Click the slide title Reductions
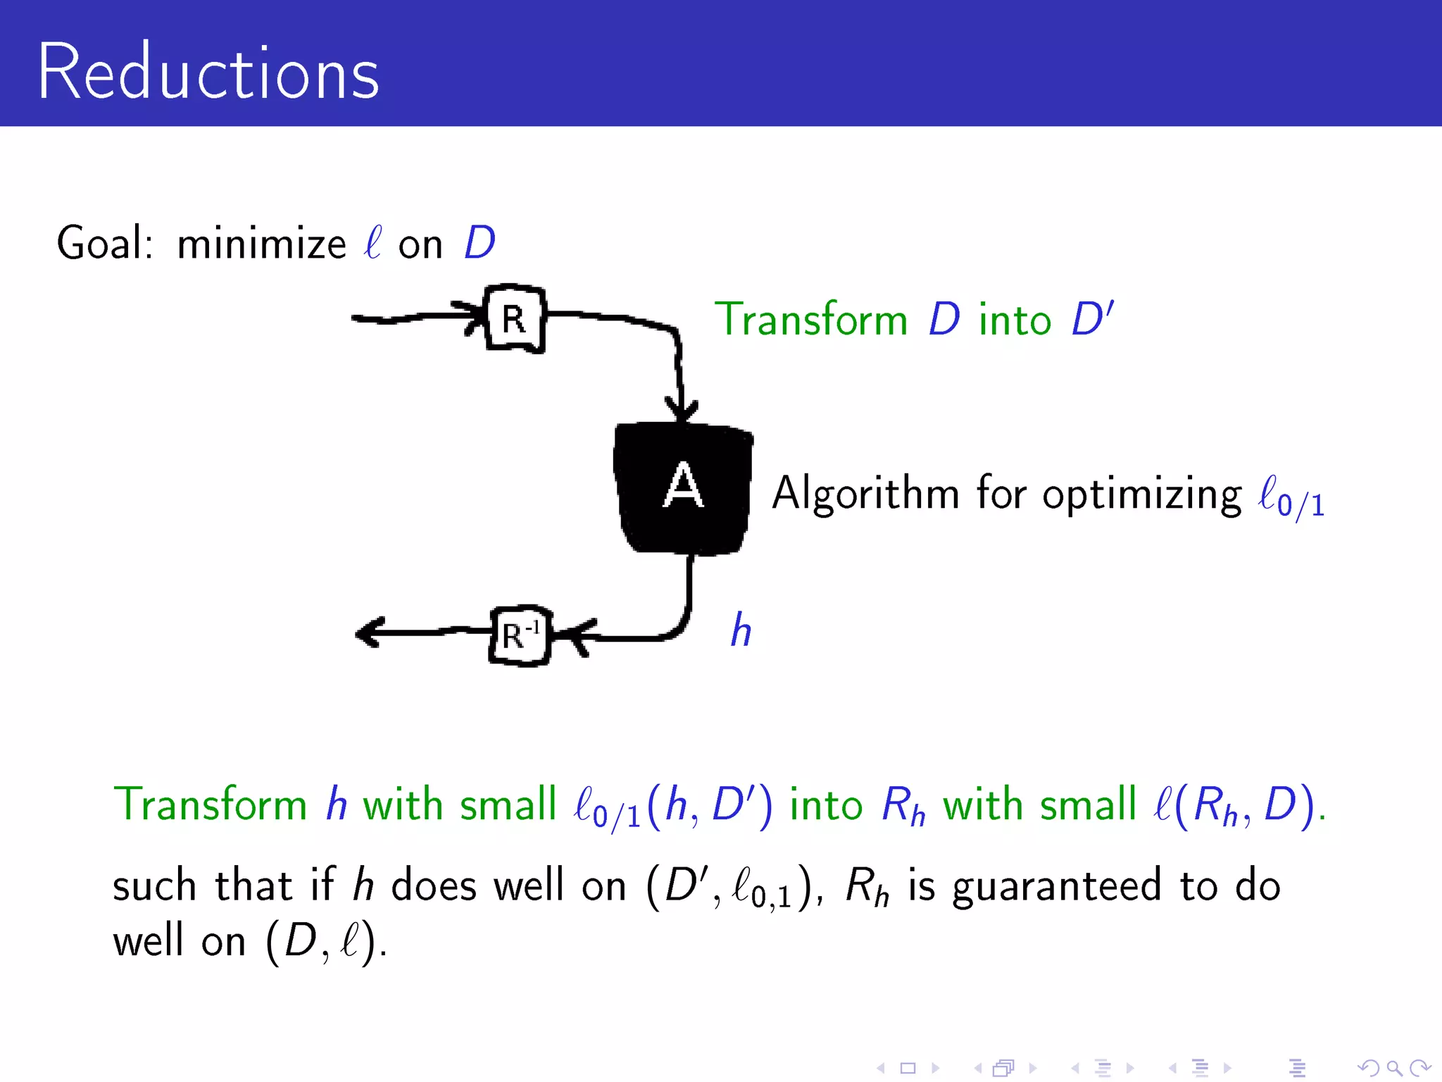tap(208, 72)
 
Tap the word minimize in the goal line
tap(261, 244)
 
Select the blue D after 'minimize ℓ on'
tap(479, 244)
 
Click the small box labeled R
tap(515, 319)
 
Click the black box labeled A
tap(683, 487)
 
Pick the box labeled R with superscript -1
tap(519, 635)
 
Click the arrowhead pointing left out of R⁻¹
tap(369, 632)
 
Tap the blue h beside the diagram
tap(741, 630)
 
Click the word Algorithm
tap(865, 493)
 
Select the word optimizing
tap(1141, 495)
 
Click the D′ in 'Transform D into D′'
tap(1091, 319)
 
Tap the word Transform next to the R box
tap(811, 319)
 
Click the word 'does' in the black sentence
tap(433, 886)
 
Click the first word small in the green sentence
tap(507, 804)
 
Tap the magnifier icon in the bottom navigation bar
tap(1395, 1068)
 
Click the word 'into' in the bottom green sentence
tap(825, 804)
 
